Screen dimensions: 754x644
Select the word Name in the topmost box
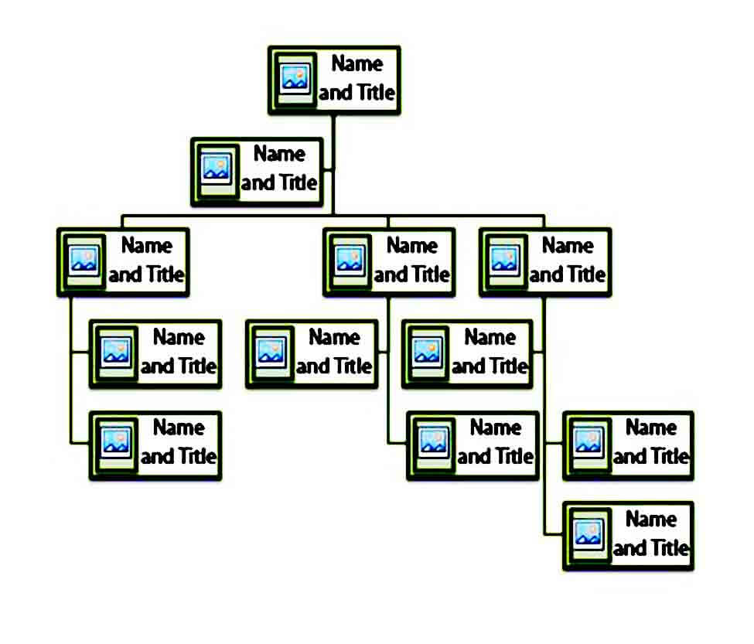tap(357, 63)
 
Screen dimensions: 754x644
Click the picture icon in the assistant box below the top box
tap(217, 169)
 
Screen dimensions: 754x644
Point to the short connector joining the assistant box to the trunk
tap(328, 169)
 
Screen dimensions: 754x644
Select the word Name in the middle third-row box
tap(412, 245)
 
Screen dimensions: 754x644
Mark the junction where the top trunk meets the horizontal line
tap(333, 215)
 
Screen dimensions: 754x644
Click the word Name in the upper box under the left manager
tap(179, 337)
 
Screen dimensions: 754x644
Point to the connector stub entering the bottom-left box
tap(80, 442)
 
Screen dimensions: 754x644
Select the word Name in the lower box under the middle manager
tap(496, 428)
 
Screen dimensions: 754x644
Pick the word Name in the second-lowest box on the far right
tap(651, 428)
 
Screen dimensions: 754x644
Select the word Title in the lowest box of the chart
tap(670, 548)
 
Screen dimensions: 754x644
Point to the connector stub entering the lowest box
tap(554, 533)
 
